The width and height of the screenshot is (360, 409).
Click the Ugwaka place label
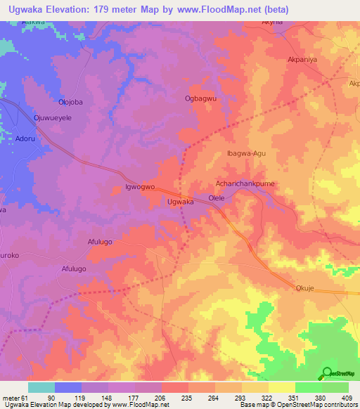180,202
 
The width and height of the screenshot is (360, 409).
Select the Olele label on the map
217,199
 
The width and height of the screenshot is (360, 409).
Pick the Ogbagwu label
200,99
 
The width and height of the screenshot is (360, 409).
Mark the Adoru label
26,139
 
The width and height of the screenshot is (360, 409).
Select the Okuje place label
304,287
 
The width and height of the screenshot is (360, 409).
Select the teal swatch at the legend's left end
41,387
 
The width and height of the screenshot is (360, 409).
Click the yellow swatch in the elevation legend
281,387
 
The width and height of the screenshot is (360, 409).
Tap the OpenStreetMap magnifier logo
327,373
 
